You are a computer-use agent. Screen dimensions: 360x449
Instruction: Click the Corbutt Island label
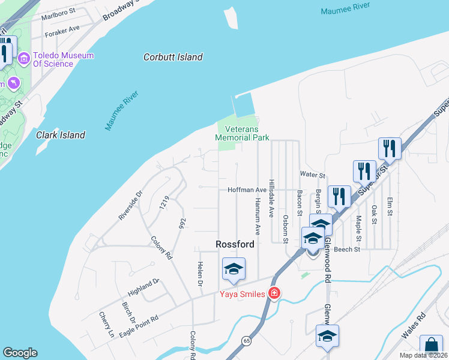pyautogui.click(x=173, y=58)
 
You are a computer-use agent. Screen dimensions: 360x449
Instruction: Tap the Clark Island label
pyautogui.click(x=60, y=135)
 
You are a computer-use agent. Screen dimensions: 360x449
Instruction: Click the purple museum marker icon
pyautogui.click(x=24, y=59)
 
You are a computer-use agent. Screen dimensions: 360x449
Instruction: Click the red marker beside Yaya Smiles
pyautogui.click(x=274, y=293)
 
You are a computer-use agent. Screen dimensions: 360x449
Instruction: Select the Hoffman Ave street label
pyautogui.click(x=246, y=190)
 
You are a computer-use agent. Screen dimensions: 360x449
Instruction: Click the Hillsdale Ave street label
pyautogui.click(x=271, y=197)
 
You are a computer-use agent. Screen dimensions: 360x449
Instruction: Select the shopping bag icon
pyautogui.click(x=431, y=347)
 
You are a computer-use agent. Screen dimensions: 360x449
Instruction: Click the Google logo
pyautogui.click(x=20, y=353)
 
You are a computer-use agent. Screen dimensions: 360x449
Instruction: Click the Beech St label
pyautogui.click(x=347, y=249)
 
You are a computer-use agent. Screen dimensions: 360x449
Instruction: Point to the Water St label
pyautogui.click(x=312, y=175)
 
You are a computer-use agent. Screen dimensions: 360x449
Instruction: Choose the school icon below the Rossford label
pyautogui.click(x=234, y=269)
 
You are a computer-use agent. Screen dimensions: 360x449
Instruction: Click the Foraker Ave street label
pyautogui.click(x=62, y=28)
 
